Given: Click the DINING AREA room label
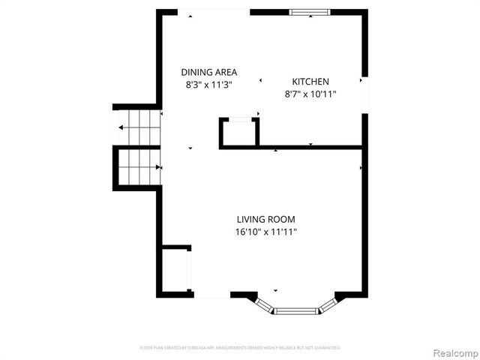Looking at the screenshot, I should (x=209, y=72).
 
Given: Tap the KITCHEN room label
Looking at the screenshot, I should (x=310, y=82).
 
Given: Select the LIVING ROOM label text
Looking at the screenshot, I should (x=265, y=220).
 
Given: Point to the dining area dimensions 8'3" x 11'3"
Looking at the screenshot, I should (x=209, y=85).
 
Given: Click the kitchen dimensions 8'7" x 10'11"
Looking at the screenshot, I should (x=310, y=94).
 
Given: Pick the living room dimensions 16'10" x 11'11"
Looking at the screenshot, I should (x=265, y=232).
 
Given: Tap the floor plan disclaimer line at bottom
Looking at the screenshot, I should (x=240, y=348).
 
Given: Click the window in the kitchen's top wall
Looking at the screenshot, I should (x=312, y=12).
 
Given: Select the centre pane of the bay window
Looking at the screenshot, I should (x=296, y=309).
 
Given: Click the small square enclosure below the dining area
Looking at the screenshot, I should (x=239, y=133).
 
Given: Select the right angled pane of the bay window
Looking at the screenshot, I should (x=328, y=303).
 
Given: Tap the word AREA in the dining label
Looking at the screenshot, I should (x=225, y=72).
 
